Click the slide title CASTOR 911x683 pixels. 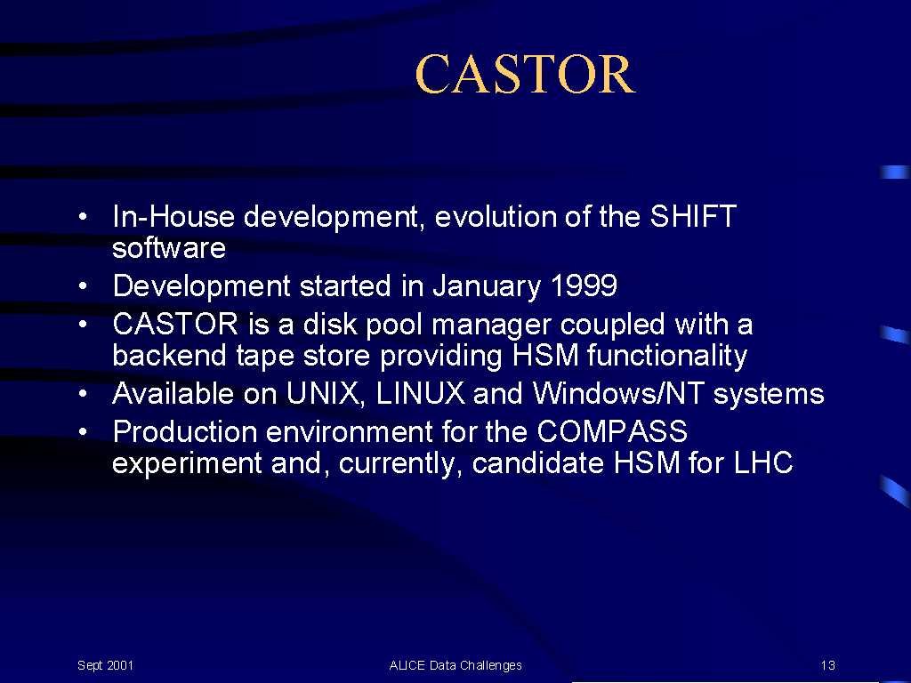(x=525, y=74)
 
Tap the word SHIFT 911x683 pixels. (x=693, y=216)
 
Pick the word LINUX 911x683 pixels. (x=420, y=393)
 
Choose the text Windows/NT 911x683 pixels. (x=618, y=393)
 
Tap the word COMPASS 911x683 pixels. (x=612, y=431)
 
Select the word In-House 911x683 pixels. (x=173, y=216)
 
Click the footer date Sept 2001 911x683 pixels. (x=105, y=665)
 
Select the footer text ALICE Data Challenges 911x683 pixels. (x=455, y=665)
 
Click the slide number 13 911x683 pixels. (x=828, y=665)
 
